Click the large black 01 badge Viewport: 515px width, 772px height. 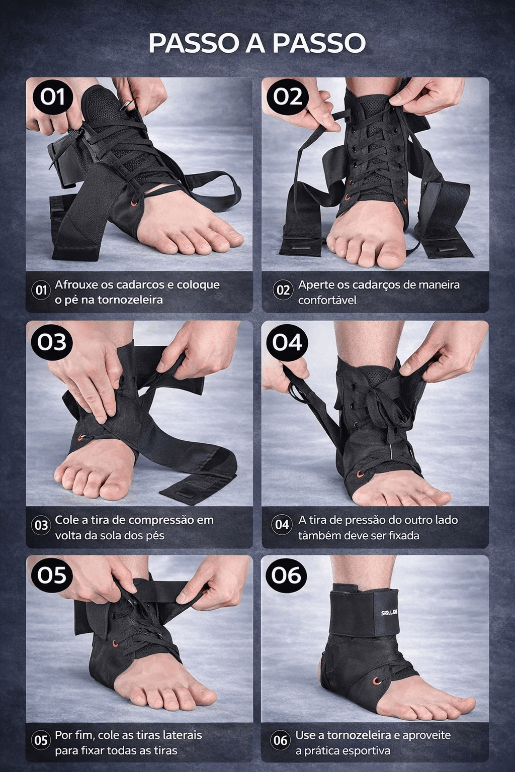53,97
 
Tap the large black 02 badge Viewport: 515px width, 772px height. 288,97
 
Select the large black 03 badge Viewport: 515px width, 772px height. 52,342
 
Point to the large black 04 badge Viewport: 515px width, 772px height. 287,343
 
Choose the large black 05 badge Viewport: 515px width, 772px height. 52,575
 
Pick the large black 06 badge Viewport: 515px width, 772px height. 286,575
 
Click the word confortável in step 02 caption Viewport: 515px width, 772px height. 327,300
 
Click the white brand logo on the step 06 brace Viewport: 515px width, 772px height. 389,613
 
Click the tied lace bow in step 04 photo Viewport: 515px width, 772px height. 385,412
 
